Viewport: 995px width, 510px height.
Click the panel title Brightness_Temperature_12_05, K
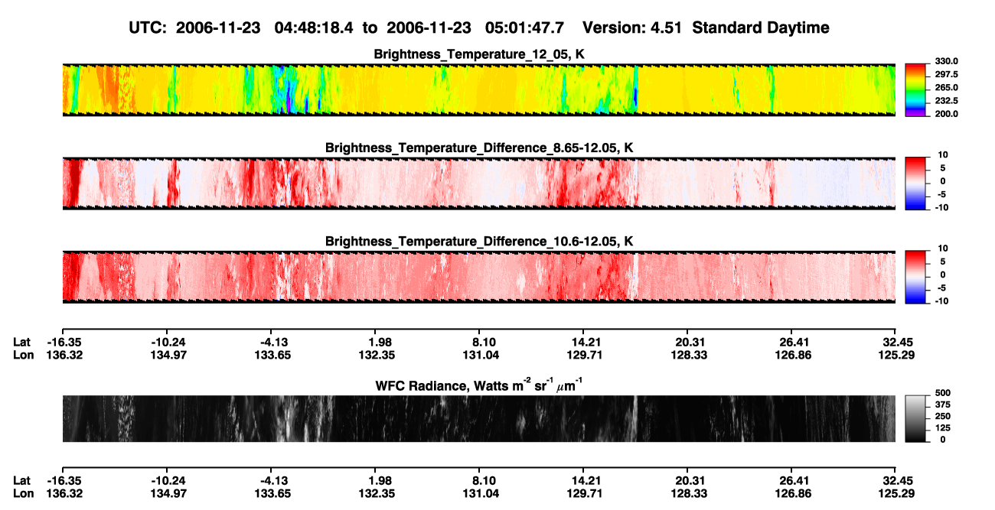(x=479, y=54)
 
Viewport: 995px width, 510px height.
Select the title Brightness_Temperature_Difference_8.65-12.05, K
(x=479, y=148)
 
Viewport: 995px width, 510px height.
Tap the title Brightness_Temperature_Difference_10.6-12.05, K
(x=479, y=242)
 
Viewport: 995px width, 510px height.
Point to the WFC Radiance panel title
(x=479, y=385)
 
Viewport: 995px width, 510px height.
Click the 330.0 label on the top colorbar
(x=946, y=61)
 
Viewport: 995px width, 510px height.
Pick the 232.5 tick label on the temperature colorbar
(x=946, y=101)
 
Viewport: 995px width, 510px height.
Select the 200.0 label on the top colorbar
(x=946, y=114)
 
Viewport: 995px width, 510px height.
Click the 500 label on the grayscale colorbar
(x=943, y=393)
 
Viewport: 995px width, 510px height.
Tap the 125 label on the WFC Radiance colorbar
(x=943, y=428)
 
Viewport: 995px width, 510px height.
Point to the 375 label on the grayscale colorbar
(x=943, y=404)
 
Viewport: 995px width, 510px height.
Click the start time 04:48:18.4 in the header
(x=314, y=28)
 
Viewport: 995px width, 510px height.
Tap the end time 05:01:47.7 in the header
(x=524, y=28)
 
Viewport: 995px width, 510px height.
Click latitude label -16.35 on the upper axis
(x=64, y=343)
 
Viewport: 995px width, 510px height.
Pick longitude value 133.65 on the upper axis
(x=272, y=355)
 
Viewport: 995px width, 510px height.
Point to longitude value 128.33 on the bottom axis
(x=689, y=494)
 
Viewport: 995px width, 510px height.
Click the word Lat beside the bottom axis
(x=21, y=481)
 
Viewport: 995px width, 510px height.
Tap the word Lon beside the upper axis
(x=23, y=355)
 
